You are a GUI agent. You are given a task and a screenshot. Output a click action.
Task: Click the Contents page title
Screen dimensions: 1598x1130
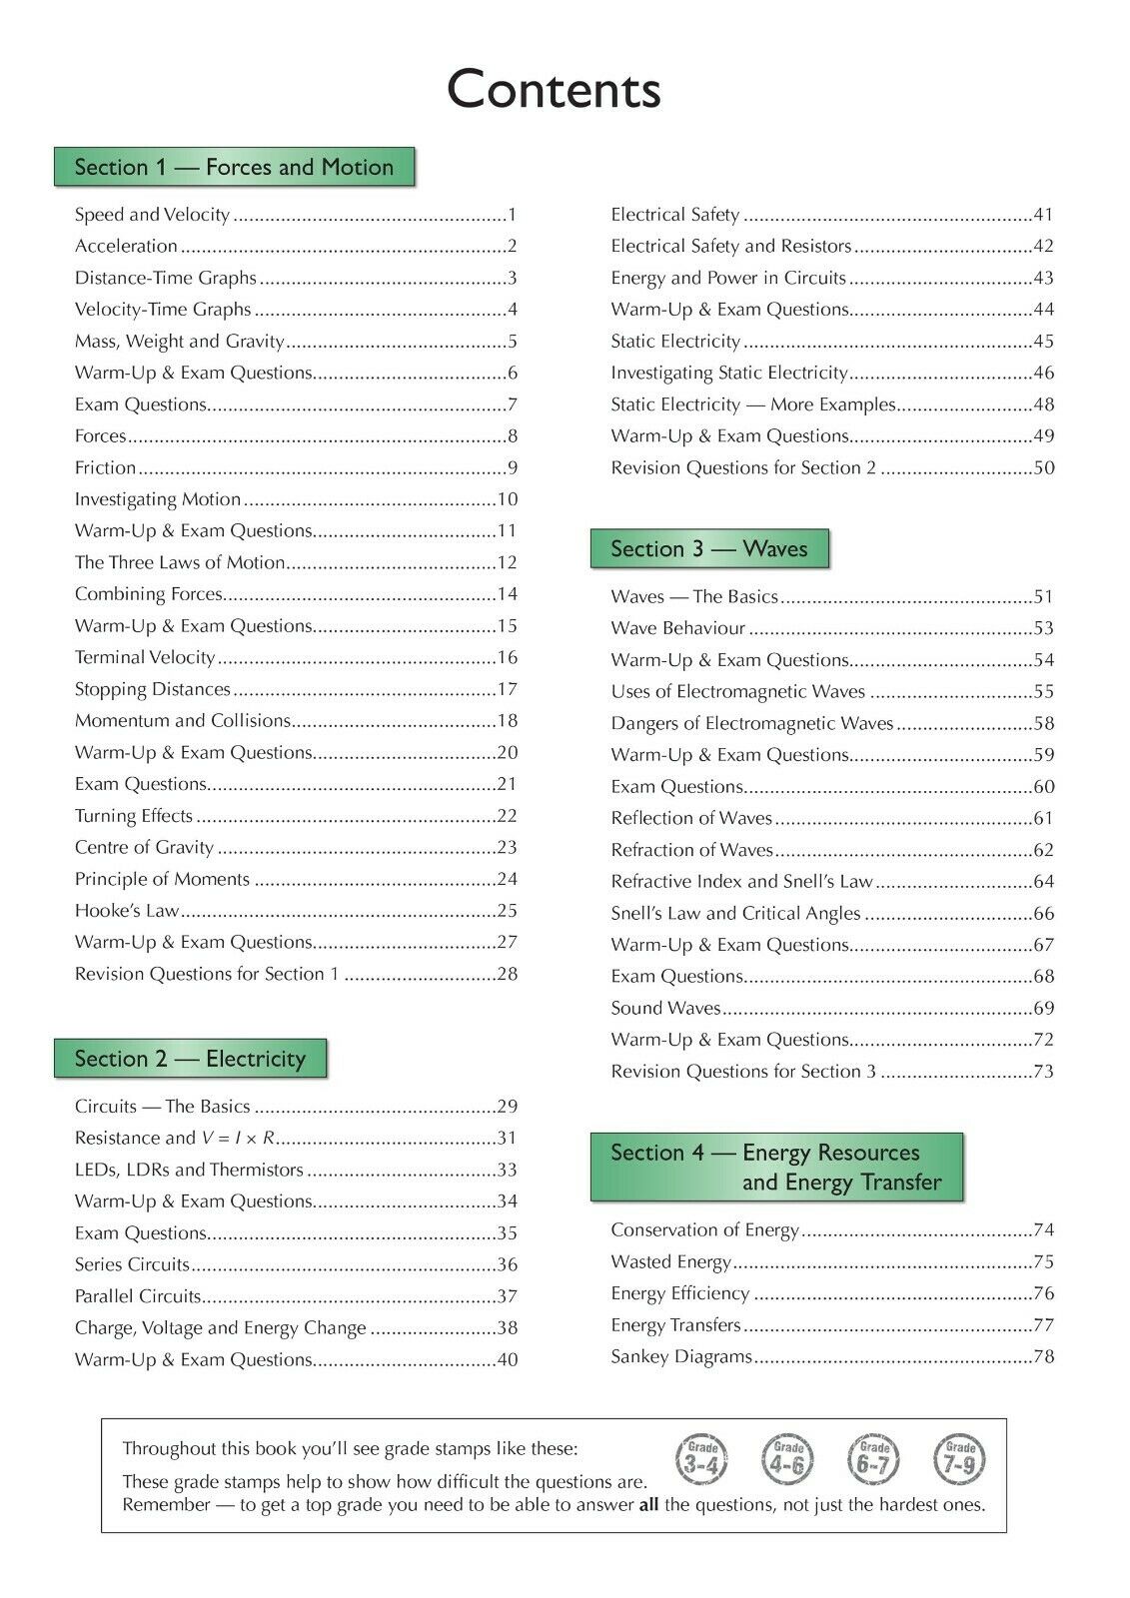(554, 90)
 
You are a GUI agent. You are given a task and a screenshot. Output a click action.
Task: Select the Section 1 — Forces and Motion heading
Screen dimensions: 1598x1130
(234, 167)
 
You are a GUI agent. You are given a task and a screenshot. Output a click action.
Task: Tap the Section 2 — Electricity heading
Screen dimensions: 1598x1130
(190, 1059)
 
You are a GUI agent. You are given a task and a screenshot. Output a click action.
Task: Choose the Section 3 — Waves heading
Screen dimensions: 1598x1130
(709, 549)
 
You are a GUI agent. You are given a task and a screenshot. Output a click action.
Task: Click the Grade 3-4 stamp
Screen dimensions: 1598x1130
(702, 1459)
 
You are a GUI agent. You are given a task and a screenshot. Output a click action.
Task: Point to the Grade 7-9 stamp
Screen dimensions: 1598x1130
(960, 1459)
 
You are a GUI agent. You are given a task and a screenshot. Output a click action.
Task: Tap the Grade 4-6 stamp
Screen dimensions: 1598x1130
(787, 1459)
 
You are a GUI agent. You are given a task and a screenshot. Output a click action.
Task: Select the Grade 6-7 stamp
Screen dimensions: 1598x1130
(874, 1459)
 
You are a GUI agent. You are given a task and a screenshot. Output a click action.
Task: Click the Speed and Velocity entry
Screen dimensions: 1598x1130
(152, 215)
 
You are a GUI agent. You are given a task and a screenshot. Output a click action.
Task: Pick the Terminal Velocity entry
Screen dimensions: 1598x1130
(145, 658)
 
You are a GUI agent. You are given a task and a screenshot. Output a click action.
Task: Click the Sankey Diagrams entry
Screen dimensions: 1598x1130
(681, 1357)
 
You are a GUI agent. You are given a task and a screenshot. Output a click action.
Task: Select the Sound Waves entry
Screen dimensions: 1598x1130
(665, 1009)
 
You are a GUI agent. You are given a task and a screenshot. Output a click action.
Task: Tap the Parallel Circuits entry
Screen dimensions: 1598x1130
(138, 1296)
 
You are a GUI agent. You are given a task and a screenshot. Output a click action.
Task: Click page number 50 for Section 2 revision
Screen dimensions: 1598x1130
(1043, 468)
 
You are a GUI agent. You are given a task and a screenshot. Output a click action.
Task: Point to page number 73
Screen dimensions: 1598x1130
(1043, 1072)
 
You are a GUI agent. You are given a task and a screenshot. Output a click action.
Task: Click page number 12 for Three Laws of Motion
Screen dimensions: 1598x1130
(508, 563)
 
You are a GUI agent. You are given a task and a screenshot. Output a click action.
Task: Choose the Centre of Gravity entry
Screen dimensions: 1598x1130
(144, 848)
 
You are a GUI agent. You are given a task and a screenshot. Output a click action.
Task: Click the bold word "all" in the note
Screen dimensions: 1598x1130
(648, 1505)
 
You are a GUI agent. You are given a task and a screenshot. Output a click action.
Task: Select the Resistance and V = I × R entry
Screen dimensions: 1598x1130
(175, 1139)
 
